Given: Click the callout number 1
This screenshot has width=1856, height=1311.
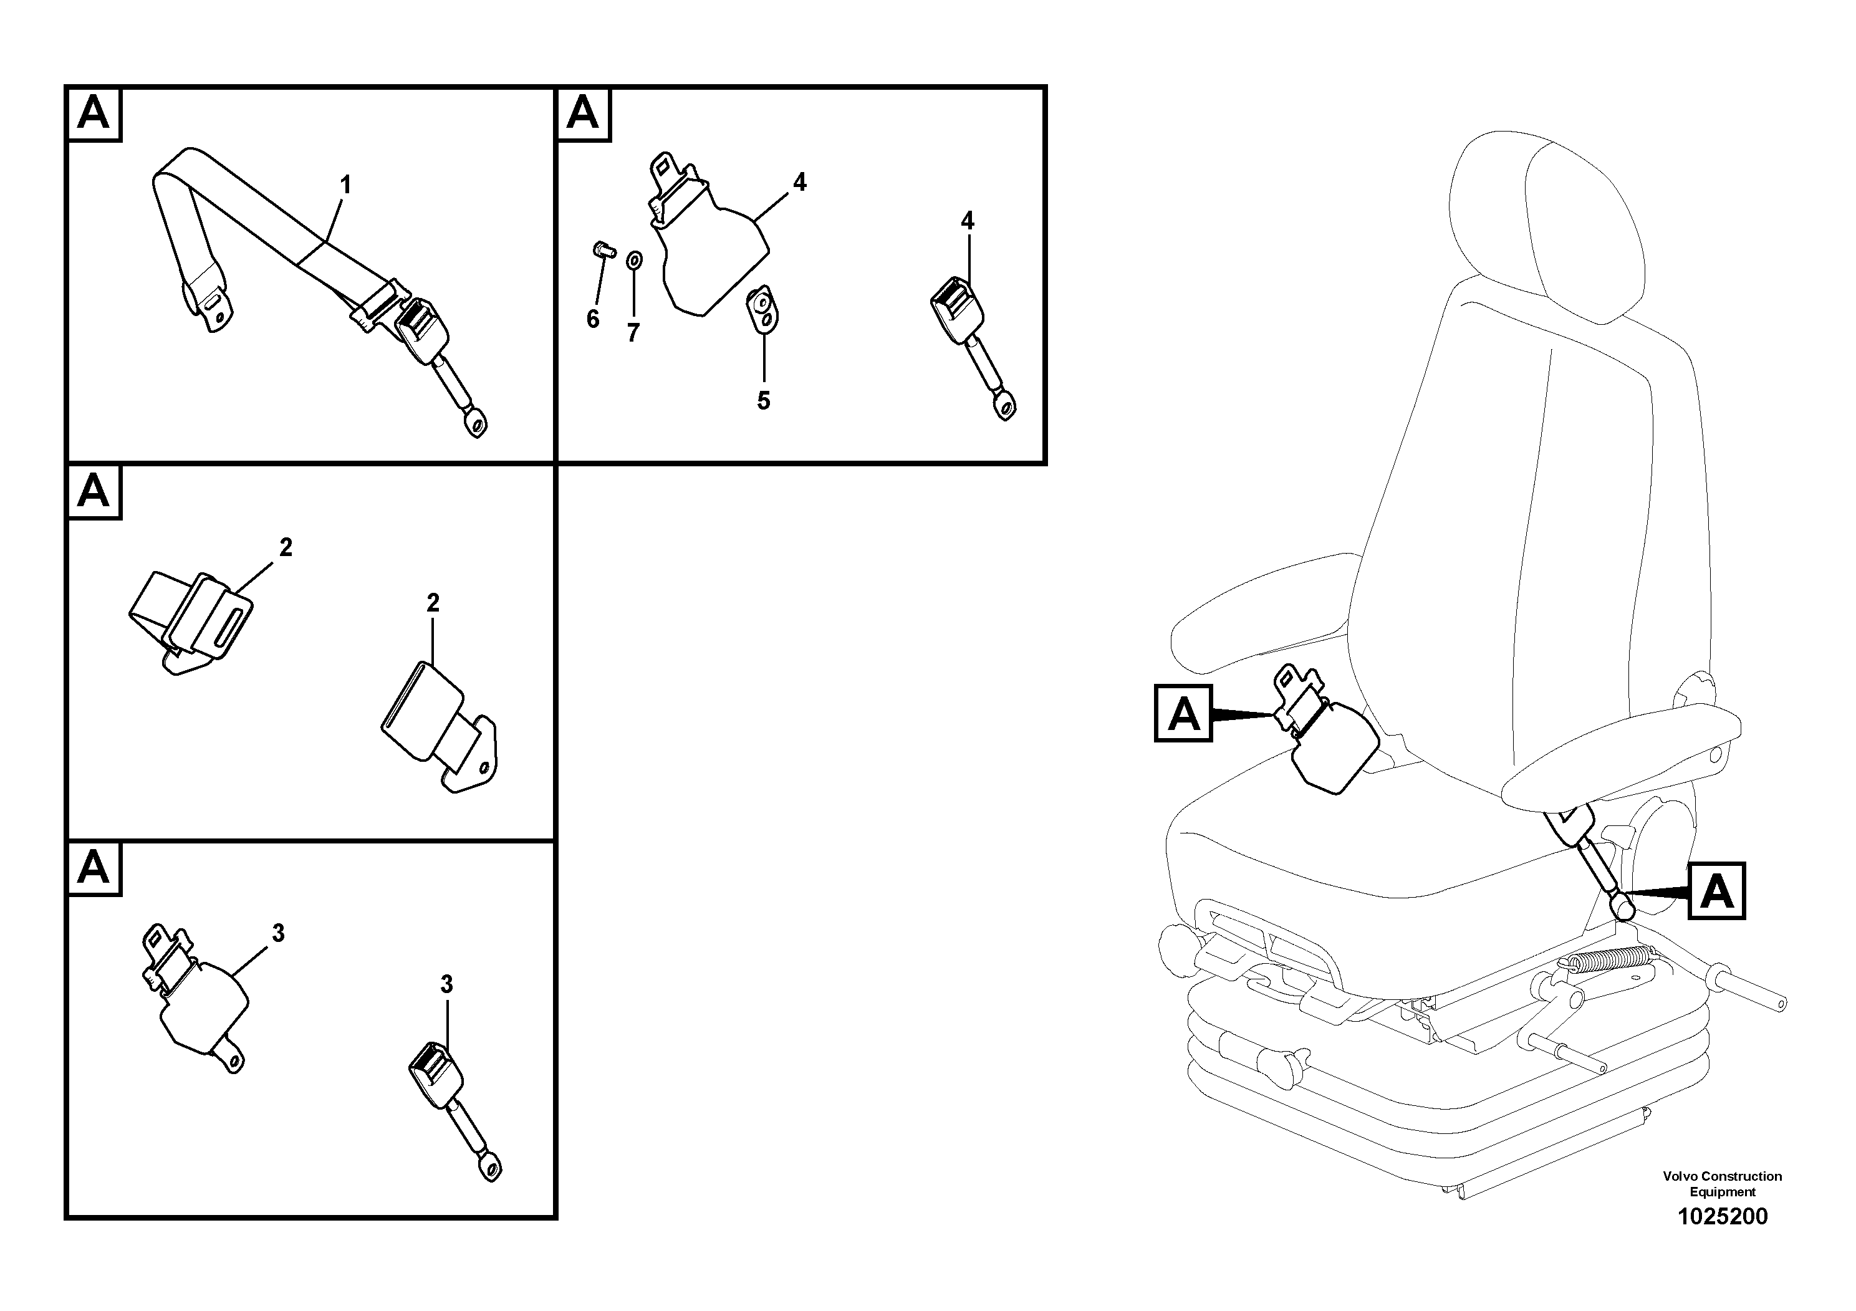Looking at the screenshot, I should tap(345, 185).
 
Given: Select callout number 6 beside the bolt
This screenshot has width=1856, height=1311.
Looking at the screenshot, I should tap(592, 319).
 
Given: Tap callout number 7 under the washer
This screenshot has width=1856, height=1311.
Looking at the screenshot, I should tap(633, 332).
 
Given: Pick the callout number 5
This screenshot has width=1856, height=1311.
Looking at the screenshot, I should tap(763, 400).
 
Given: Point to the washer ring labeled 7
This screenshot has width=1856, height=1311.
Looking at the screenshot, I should tap(635, 260).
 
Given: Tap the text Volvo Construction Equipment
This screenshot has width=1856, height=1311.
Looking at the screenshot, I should tap(1722, 1183).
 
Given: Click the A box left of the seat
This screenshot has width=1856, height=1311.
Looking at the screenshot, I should tap(1183, 713).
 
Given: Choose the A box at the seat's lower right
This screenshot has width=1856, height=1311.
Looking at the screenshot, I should tap(1716, 891).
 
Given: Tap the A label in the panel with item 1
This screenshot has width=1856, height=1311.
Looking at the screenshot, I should tap(94, 114).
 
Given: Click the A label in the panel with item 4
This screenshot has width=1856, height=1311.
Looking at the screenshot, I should tap(583, 114).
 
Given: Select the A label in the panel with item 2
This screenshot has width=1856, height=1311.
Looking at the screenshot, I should tap(94, 491).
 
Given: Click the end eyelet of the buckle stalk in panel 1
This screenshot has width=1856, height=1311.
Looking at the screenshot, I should tap(478, 423).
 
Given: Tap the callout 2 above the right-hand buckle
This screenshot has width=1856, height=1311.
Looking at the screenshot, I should tap(433, 603).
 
